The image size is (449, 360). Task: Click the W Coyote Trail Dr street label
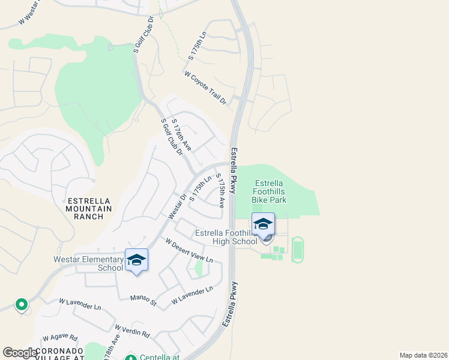(206, 88)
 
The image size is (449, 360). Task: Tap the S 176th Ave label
(181, 135)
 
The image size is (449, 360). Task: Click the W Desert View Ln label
(189, 250)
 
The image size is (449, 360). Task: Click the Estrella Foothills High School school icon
(263, 224)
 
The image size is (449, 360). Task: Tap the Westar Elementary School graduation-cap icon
(137, 260)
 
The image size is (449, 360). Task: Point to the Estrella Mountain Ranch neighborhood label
(89, 208)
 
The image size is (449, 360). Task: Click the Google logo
(19, 353)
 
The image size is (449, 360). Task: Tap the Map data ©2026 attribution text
(423, 355)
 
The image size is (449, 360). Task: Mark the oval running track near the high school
(297, 249)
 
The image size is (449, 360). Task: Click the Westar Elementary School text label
(88, 263)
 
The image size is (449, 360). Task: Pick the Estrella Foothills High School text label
(226, 237)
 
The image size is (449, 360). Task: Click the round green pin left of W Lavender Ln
(22, 305)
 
